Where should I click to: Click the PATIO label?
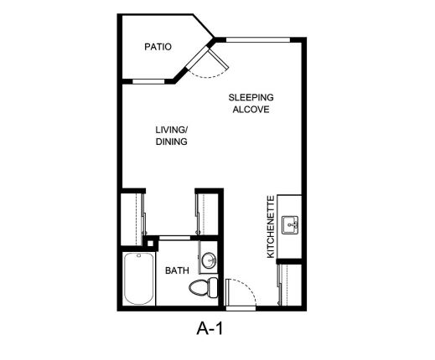pyautogui.click(x=158, y=47)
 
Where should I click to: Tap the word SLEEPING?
pyautogui.click(x=251, y=97)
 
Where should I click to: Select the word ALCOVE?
pyautogui.click(x=251, y=110)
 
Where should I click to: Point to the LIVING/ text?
pyautogui.click(x=172, y=130)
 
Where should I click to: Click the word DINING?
pyautogui.click(x=172, y=141)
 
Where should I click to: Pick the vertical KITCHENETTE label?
pyautogui.click(x=271, y=227)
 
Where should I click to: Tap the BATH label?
pyautogui.click(x=177, y=270)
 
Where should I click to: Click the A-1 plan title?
pyautogui.click(x=210, y=328)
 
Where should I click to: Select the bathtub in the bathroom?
pyautogui.click(x=139, y=279)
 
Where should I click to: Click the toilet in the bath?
pyautogui.click(x=204, y=287)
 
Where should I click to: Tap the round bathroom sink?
pyautogui.click(x=209, y=260)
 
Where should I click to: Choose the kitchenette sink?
pyautogui.click(x=290, y=225)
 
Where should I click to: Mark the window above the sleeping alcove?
pyautogui.click(x=258, y=40)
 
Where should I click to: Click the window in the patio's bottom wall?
pyautogui.click(x=148, y=81)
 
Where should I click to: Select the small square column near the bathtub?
pyautogui.click(x=150, y=243)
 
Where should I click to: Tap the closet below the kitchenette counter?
pyautogui.click(x=291, y=285)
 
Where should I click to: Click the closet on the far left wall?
pyautogui.click(x=132, y=219)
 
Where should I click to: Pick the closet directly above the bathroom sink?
pyautogui.click(x=207, y=214)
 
